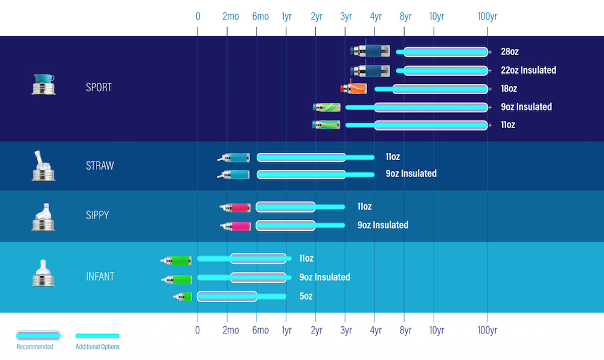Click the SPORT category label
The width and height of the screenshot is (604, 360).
(99, 88)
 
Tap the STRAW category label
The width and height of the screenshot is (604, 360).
(100, 166)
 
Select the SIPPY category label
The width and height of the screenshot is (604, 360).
(97, 215)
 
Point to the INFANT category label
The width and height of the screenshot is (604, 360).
(100, 277)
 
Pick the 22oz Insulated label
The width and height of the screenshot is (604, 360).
(528, 70)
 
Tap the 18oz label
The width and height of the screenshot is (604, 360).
(509, 89)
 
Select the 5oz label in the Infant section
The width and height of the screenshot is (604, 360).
(306, 297)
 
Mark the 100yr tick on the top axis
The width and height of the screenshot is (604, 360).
(487, 16)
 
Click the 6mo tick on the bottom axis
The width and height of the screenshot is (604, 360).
(260, 330)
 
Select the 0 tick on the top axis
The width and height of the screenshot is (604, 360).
(198, 16)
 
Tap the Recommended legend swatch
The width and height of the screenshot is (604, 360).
(38, 335)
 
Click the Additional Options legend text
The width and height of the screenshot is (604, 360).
(97, 347)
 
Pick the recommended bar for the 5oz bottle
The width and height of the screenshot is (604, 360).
(227, 297)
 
